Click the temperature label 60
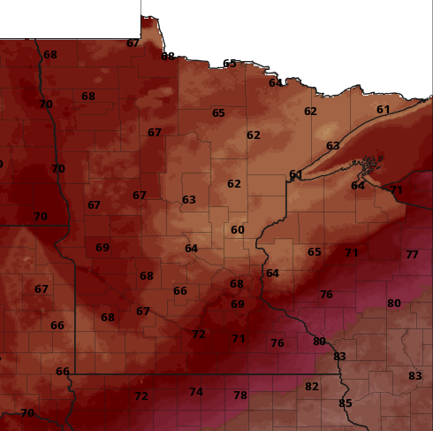pyautogui.click(x=237, y=230)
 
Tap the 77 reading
pyautogui.click(x=412, y=255)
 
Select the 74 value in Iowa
pyautogui.click(x=196, y=392)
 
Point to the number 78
pyautogui.click(x=240, y=396)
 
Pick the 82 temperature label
pyautogui.click(x=311, y=387)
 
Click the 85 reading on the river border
pyautogui.click(x=346, y=404)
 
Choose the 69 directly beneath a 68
pyautogui.click(x=237, y=304)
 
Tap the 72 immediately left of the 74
pyautogui.click(x=141, y=396)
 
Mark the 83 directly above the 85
pyautogui.click(x=339, y=357)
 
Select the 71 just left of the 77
pyautogui.click(x=352, y=253)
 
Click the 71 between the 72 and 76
pyautogui.click(x=238, y=339)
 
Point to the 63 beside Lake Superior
pyautogui.click(x=332, y=146)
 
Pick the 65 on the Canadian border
pyautogui.click(x=230, y=64)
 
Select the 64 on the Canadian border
pyautogui.click(x=276, y=83)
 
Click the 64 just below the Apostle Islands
pyautogui.click(x=357, y=186)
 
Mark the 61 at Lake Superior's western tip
pyautogui.click(x=295, y=174)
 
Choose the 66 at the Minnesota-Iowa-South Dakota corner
pyautogui.click(x=63, y=372)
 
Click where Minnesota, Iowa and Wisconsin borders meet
pyautogui.click(x=343, y=373)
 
